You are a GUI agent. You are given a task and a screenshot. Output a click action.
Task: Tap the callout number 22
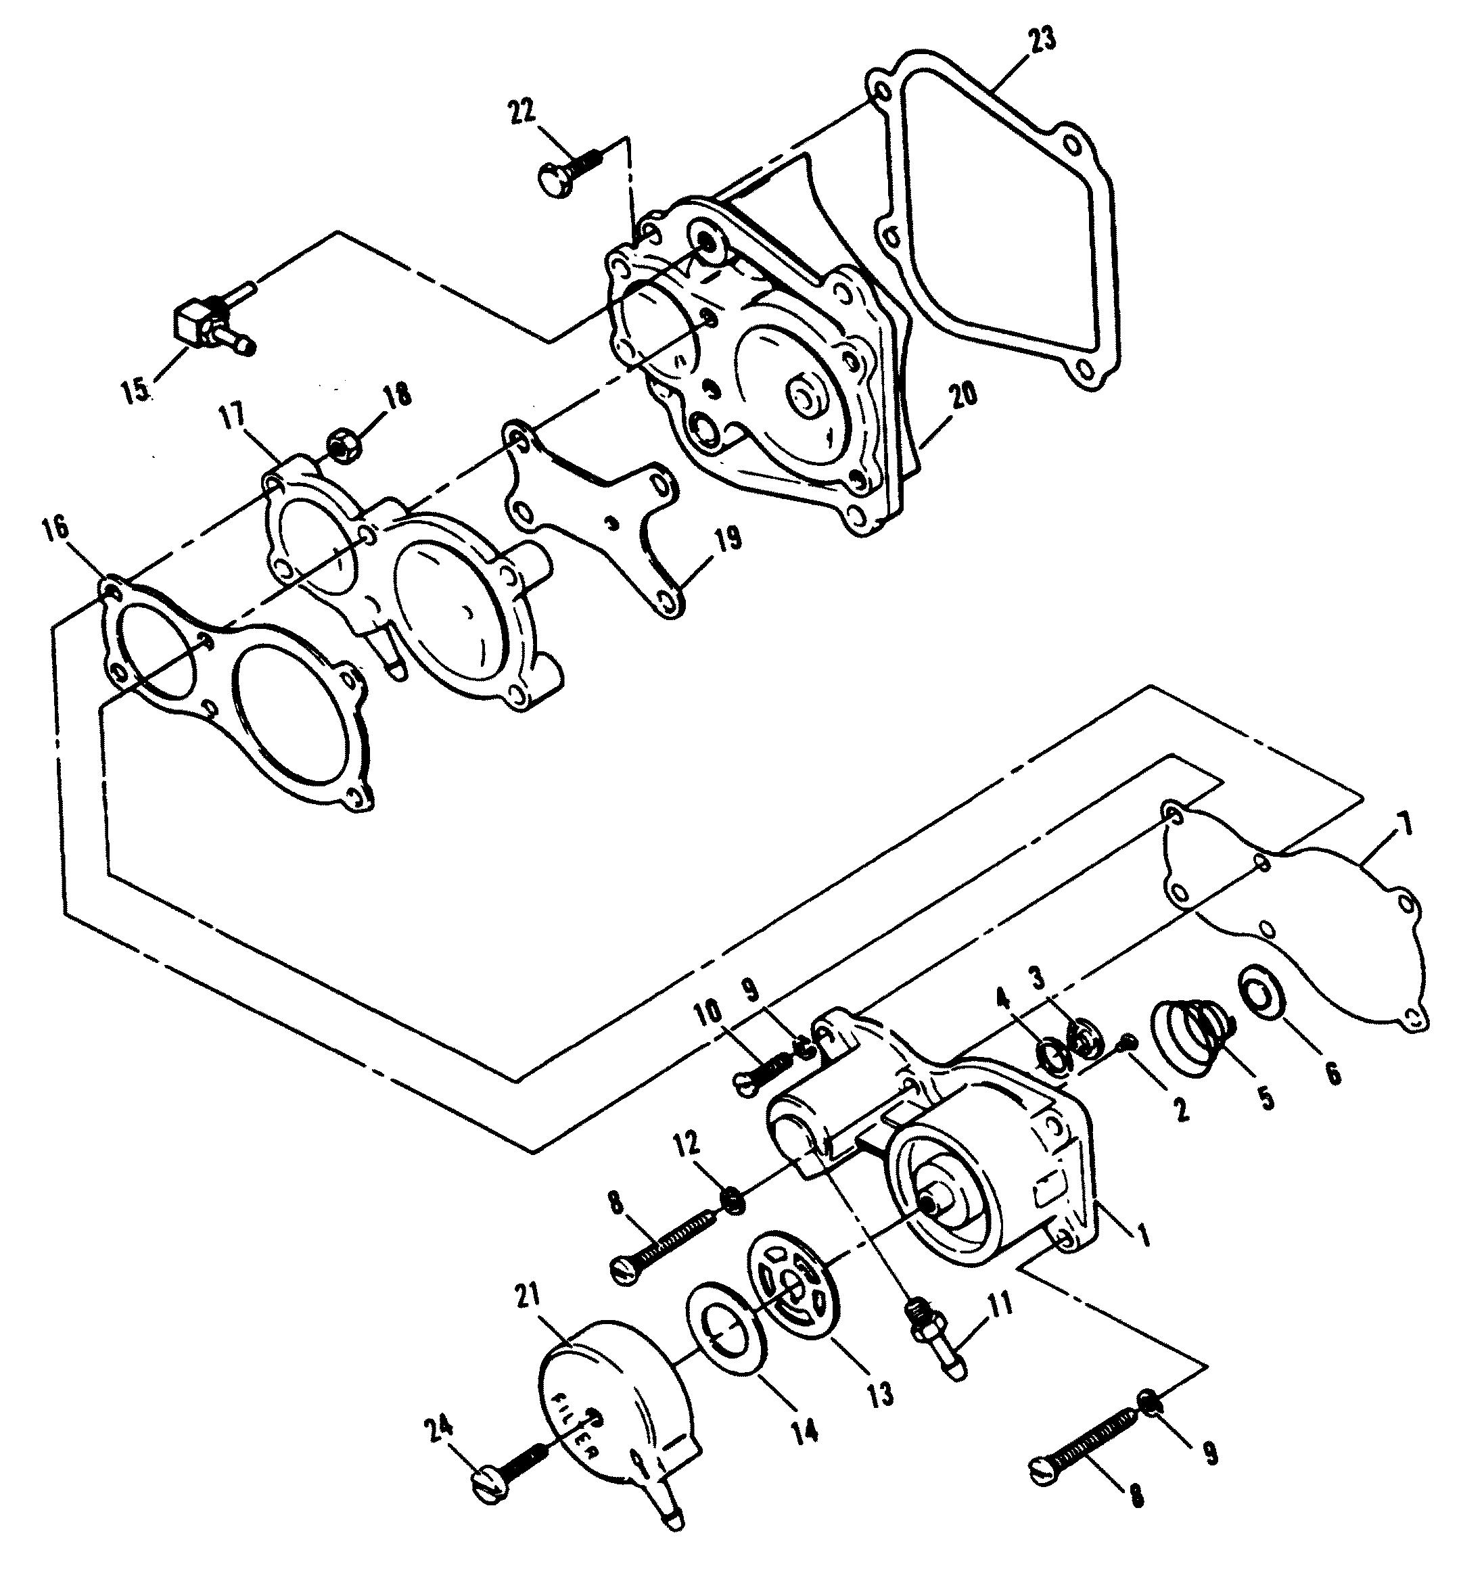pos(524,112)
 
